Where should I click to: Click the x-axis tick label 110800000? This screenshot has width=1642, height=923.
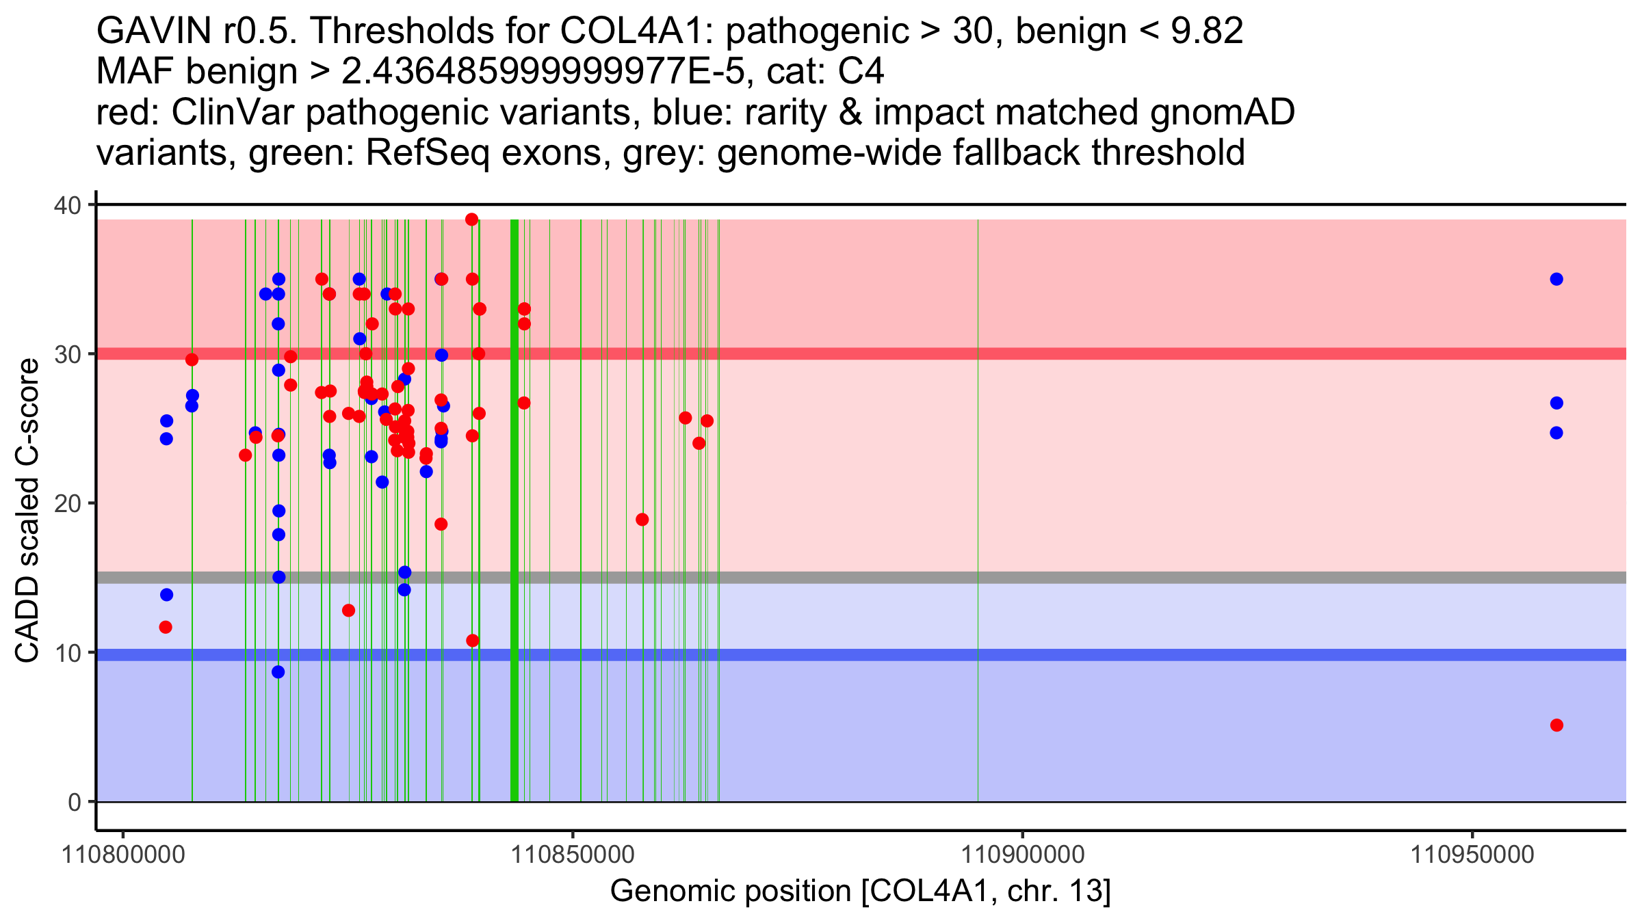tap(123, 854)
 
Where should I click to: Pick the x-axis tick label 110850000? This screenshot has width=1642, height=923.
tap(573, 854)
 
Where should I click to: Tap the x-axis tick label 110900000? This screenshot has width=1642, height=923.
tap(1023, 854)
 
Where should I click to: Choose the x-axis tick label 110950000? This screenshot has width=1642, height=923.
tap(1472, 854)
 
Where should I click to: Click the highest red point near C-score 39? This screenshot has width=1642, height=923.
tap(471, 219)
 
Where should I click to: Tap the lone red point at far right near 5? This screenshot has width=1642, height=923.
tap(1556, 725)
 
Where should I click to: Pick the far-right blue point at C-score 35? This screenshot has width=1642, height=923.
tap(1556, 279)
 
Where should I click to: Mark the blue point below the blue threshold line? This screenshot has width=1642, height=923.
tap(278, 672)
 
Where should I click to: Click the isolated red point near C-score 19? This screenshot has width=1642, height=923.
tap(642, 520)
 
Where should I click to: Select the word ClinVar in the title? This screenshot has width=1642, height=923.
tap(234, 112)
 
